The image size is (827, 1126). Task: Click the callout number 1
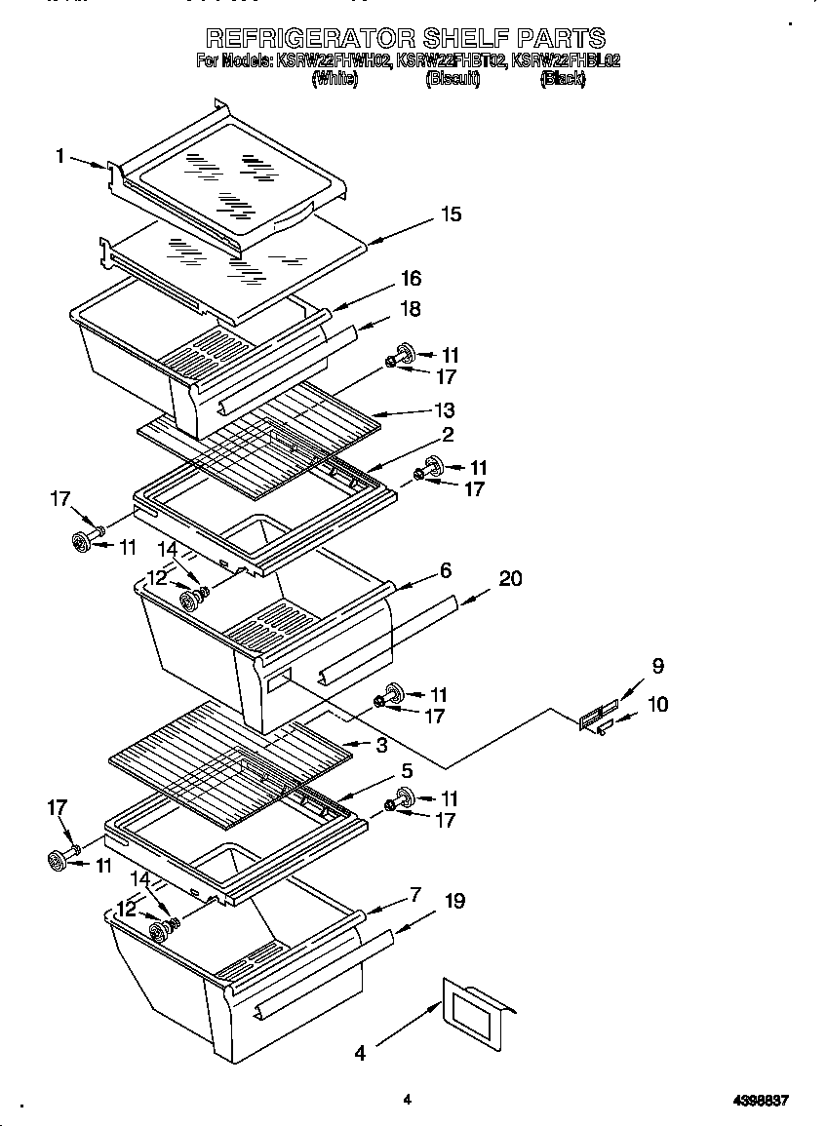pyautogui.click(x=60, y=155)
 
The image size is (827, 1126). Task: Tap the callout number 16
pyautogui.click(x=410, y=279)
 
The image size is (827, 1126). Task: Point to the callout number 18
pyautogui.click(x=410, y=309)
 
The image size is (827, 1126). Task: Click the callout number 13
pyautogui.click(x=444, y=410)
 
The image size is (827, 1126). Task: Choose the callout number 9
pyautogui.click(x=658, y=667)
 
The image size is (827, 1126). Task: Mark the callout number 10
pyautogui.click(x=657, y=704)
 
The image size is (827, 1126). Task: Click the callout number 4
pyautogui.click(x=360, y=1053)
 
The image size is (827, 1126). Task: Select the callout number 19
pyautogui.click(x=453, y=903)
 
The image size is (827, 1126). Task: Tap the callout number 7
pyautogui.click(x=414, y=894)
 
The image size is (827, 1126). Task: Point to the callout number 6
pyautogui.click(x=445, y=570)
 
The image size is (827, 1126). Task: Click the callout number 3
pyautogui.click(x=381, y=746)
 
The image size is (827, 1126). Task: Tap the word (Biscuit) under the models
pyautogui.click(x=452, y=80)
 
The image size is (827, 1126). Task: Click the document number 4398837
pyautogui.click(x=760, y=1101)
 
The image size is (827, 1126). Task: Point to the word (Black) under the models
pyautogui.click(x=562, y=80)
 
